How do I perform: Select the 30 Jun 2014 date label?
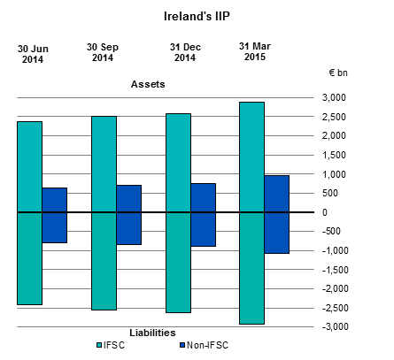(x=31, y=54)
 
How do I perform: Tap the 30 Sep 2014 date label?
(x=104, y=51)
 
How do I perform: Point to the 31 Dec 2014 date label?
(x=185, y=51)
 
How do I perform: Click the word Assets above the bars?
(x=148, y=84)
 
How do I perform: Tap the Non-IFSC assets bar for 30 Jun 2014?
(x=55, y=200)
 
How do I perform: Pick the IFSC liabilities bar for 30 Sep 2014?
(x=104, y=261)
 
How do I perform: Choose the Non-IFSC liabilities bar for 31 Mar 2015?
(x=276, y=233)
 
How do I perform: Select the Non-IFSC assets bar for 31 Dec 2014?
(x=203, y=197)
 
